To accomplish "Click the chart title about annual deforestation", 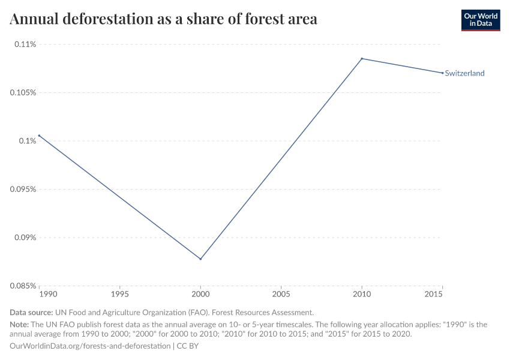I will (x=163, y=19).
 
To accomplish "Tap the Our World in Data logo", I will (x=480, y=20).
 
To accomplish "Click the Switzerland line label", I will (x=464, y=73).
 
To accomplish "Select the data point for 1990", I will (x=40, y=136).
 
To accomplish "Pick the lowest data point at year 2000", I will (x=200, y=259).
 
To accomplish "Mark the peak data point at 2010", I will (x=362, y=59).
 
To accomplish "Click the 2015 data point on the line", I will (x=442, y=73).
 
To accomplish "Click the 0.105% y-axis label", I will (x=23, y=93).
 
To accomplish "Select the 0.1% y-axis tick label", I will (x=28, y=141).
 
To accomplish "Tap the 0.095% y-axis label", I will (x=23, y=189).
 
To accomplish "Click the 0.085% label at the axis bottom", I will (x=23, y=286).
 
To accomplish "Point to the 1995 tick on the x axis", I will (x=120, y=295).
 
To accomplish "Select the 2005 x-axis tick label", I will (x=281, y=295).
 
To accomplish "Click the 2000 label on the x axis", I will (x=200, y=295).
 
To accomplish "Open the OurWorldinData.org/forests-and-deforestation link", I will (x=90, y=346).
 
